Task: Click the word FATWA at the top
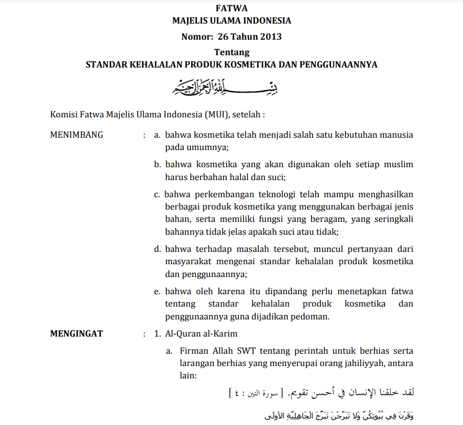click(231, 8)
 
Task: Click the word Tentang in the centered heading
click(231, 52)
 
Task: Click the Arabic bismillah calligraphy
click(231, 87)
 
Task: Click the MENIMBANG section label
click(76, 135)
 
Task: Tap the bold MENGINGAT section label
click(77, 333)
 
